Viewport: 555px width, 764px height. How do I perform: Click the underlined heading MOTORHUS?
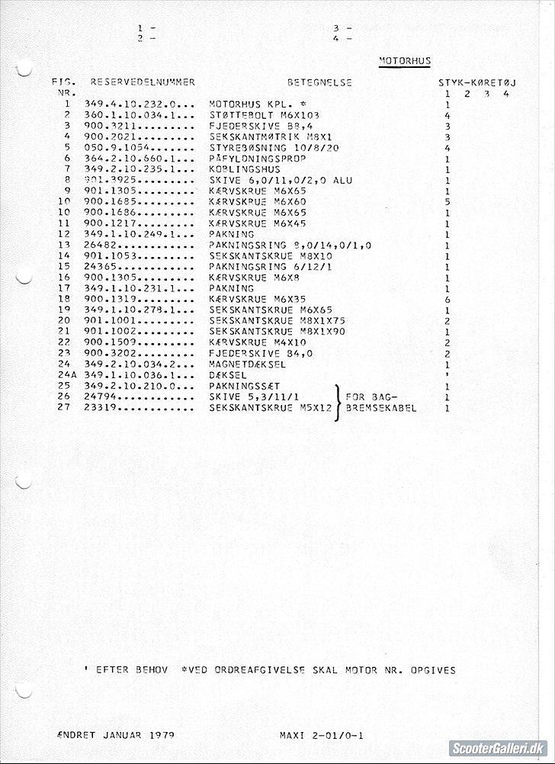405,61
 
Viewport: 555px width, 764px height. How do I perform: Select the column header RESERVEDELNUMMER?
143,82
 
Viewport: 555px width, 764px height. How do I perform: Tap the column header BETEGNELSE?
319,82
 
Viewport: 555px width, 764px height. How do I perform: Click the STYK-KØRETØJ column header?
477,82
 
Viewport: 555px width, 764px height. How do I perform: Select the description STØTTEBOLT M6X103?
258,114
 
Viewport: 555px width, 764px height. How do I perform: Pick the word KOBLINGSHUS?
245,169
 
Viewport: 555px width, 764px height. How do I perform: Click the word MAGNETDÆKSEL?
248,364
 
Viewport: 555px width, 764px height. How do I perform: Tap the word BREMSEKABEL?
381,408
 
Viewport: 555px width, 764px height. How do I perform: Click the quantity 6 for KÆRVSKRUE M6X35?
448,300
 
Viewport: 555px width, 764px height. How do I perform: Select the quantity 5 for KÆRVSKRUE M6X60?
448,202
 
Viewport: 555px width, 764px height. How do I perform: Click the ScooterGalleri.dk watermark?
496,749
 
